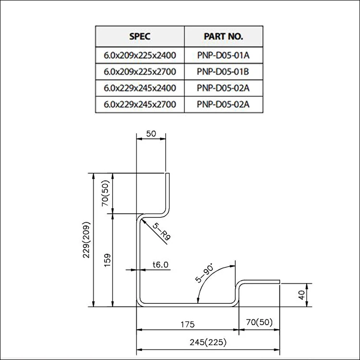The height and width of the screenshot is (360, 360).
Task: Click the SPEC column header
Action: click(x=140, y=36)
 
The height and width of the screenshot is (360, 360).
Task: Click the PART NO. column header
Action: click(x=223, y=36)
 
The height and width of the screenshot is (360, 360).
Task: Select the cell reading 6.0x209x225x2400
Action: click(x=140, y=55)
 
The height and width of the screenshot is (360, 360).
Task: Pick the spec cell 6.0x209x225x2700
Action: click(x=140, y=72)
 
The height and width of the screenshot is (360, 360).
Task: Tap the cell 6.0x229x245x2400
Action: click(x=140, y=88)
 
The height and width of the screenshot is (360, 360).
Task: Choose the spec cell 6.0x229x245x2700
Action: click(x=140, y=104)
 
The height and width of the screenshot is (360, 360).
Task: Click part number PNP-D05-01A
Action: click(x=223, y=55)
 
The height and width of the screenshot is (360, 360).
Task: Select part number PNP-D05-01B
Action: click(x=223, y=72)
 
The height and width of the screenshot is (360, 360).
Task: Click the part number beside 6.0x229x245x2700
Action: click(x=223, y=104)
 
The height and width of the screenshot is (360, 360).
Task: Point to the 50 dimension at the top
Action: click(x=151, y=134)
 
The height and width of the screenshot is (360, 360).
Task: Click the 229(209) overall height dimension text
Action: click(x=87, y=240)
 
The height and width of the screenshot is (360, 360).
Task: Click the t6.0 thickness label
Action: click(x=159, y=264)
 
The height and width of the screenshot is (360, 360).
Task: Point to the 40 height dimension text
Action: click(x=301, y=295)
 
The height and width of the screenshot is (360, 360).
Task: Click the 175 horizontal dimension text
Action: click(x=188, y=324)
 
